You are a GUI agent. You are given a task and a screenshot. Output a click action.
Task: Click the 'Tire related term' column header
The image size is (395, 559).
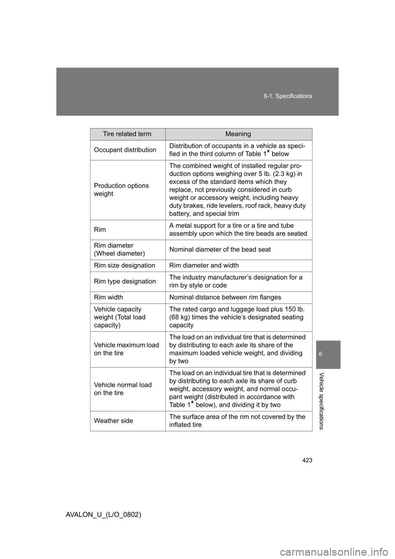tap(127, 134)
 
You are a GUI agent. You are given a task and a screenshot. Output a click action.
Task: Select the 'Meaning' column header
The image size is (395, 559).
tap(238, 134)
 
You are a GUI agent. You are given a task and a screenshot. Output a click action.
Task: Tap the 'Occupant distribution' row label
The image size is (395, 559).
tap(125, 150)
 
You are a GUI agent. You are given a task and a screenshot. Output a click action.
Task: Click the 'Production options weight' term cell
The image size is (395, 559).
tap(121, 190)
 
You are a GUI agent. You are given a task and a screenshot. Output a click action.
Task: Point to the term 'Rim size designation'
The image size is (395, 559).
tap(124, 266)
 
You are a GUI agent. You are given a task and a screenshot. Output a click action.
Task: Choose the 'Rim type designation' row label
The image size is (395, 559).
tap(125, 282)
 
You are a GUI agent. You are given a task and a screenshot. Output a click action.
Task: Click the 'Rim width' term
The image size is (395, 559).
tap(108, 297)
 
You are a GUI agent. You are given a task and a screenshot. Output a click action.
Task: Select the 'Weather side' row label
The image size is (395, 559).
tap(113, 421)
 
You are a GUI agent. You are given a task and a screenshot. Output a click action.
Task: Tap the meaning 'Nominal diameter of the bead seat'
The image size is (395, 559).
tap(220, 249)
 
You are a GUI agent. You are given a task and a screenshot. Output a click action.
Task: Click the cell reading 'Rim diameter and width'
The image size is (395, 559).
tap(204, 266)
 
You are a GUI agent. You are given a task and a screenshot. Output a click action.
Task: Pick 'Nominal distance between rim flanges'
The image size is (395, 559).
tap(225, 297)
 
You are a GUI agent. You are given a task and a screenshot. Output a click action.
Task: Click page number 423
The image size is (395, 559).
tap(307, 460)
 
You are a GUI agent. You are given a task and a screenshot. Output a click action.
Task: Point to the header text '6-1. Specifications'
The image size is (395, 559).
tap(288, 96)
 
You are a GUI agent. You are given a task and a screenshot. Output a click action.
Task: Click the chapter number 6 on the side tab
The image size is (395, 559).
tap(328, 354)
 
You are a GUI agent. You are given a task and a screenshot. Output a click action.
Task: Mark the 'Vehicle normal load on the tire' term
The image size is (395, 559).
tap(123, 389)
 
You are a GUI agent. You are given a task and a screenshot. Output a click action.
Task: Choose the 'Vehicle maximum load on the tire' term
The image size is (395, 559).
tap(126, 349)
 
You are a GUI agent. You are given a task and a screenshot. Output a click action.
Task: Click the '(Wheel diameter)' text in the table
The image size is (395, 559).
tap(119, 254)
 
